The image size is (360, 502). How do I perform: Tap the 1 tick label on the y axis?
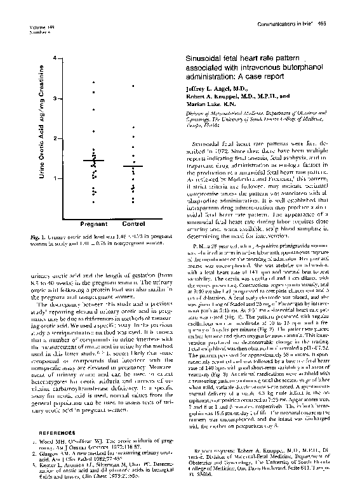[x=57, y=178]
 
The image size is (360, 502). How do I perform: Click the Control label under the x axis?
[x=133, y=224]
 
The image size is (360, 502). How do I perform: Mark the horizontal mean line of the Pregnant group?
[x=93, y=161]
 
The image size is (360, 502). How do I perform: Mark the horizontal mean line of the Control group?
[x=133, y=166]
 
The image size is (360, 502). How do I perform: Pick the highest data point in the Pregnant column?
[x=93, y=83]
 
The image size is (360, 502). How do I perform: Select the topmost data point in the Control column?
[x=133, y=84]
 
